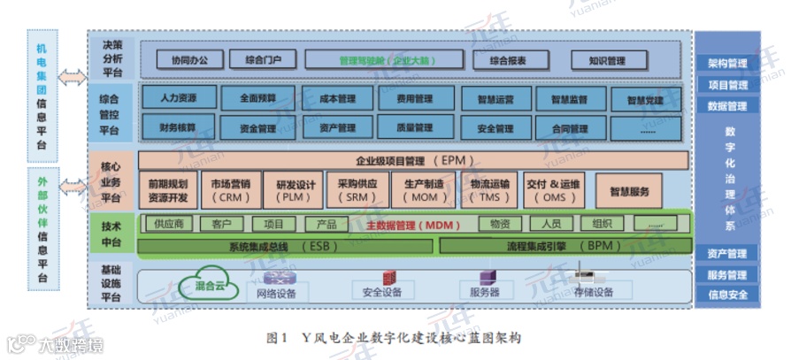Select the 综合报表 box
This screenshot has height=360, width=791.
tap(507, 61)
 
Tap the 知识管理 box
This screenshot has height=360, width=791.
tap(606, 61)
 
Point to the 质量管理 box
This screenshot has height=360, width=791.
tap(411, 127)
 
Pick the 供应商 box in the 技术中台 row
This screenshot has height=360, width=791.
tap(168, 224)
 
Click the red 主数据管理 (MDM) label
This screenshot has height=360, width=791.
tap(409, 225)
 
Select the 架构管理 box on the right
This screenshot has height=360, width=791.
tap(727, 64)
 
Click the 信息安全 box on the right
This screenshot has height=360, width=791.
tap(727, 295)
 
